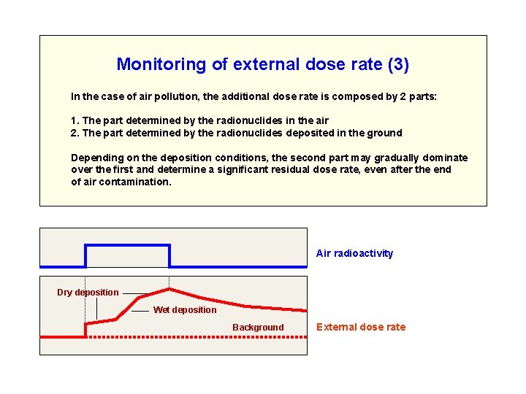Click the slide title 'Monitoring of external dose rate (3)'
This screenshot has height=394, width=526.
pos(262,64)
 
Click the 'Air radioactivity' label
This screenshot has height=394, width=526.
pos(354,253)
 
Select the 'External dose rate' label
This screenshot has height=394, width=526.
pos(360,327)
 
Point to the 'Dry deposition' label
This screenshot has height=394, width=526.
pos(88,293)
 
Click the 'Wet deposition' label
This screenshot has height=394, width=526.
pos(185,310)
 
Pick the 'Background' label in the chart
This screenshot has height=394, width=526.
pos(258,328)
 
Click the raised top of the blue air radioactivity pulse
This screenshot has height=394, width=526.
pos(128,245)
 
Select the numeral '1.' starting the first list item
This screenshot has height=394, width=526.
pos(75,120)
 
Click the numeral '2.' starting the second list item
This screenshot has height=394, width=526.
pos(75,133)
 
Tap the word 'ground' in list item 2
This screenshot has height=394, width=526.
pos(386,133)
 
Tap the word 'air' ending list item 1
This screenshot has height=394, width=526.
pos(321,120)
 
